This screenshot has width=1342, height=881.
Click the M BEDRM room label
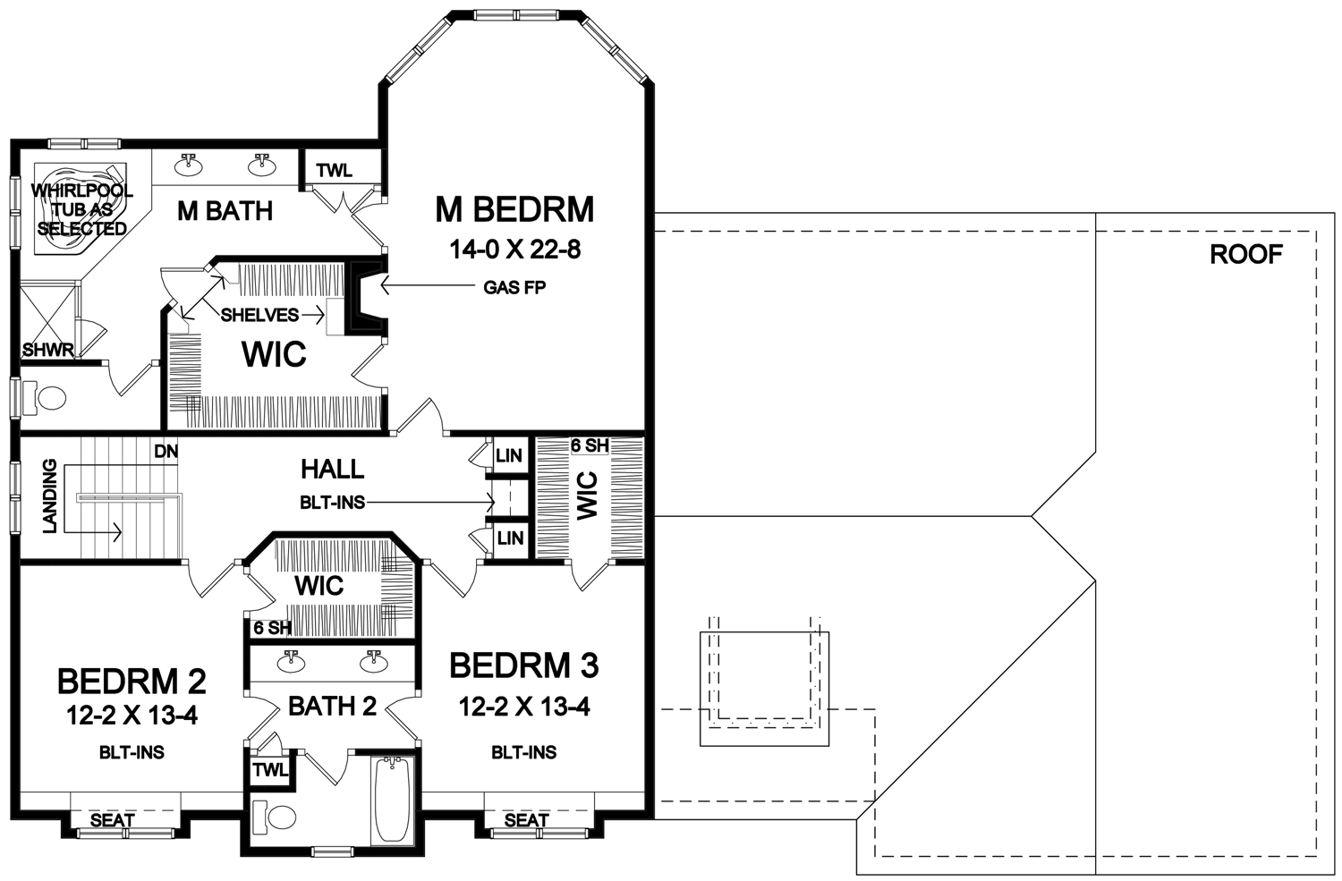(x=514, y=209)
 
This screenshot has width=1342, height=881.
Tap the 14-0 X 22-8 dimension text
(x=514, y=250)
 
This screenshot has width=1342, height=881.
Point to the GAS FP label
(x=514, y=288)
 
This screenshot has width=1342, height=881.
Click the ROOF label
(x=1246, y=255)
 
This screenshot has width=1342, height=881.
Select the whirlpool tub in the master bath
(x=80, y=209)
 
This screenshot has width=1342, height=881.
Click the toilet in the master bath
(x=44, y=397)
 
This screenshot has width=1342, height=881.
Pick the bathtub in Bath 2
(x=392, y=801)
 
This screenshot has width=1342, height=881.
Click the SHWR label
(x=48, y=350)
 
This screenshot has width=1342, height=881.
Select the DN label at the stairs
(x=166, y=451)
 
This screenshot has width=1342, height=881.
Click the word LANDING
(x=50, y=496)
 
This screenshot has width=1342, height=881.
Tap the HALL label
(x=333, y=470)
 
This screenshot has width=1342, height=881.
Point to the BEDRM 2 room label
(x=132, y=682)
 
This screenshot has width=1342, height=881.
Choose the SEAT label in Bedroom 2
(x=112, y=820)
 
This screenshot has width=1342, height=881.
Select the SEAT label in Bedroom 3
(x=527, y=820)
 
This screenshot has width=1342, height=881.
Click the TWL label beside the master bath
(x=335, y=171)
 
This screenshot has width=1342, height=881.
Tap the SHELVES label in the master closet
(x=260, y=315)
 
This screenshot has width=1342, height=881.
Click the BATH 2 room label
(x=333, y=707)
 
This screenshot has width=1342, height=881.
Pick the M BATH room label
(x=225, y=211)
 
